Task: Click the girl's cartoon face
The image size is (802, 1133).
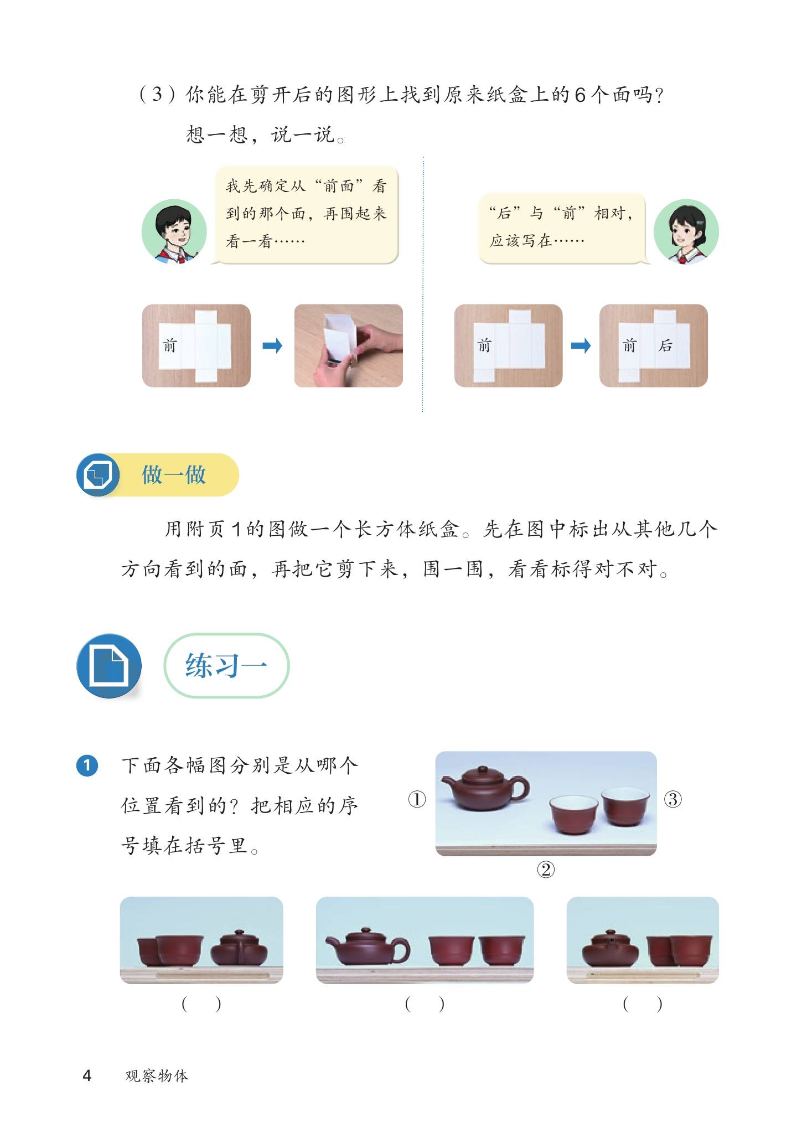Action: click(x=686, y=231)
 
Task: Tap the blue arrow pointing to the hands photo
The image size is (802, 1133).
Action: click(x=272, y=346)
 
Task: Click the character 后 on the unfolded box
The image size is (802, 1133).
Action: click(x=665, y=345)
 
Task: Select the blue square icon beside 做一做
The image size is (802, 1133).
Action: click(x=98, y=474)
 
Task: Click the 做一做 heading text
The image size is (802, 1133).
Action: click(x=174, y=474)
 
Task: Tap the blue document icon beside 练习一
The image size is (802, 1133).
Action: click(x=109, y=666)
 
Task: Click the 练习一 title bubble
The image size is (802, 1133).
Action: click(x=226, y=665)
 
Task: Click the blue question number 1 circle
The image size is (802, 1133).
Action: click(x=87, y=766)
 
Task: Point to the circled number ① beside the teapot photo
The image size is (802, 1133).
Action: click(x=417, y=799)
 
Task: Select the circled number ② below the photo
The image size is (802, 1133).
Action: click(x=546, y=870)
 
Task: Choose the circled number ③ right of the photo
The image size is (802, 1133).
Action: click(x=672, y=799)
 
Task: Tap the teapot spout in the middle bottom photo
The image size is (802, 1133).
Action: click(x=334, y=941)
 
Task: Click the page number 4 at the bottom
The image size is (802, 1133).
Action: click(x=87, y=1075)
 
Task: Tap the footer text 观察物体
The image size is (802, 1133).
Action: click(x=157, y=1075)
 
